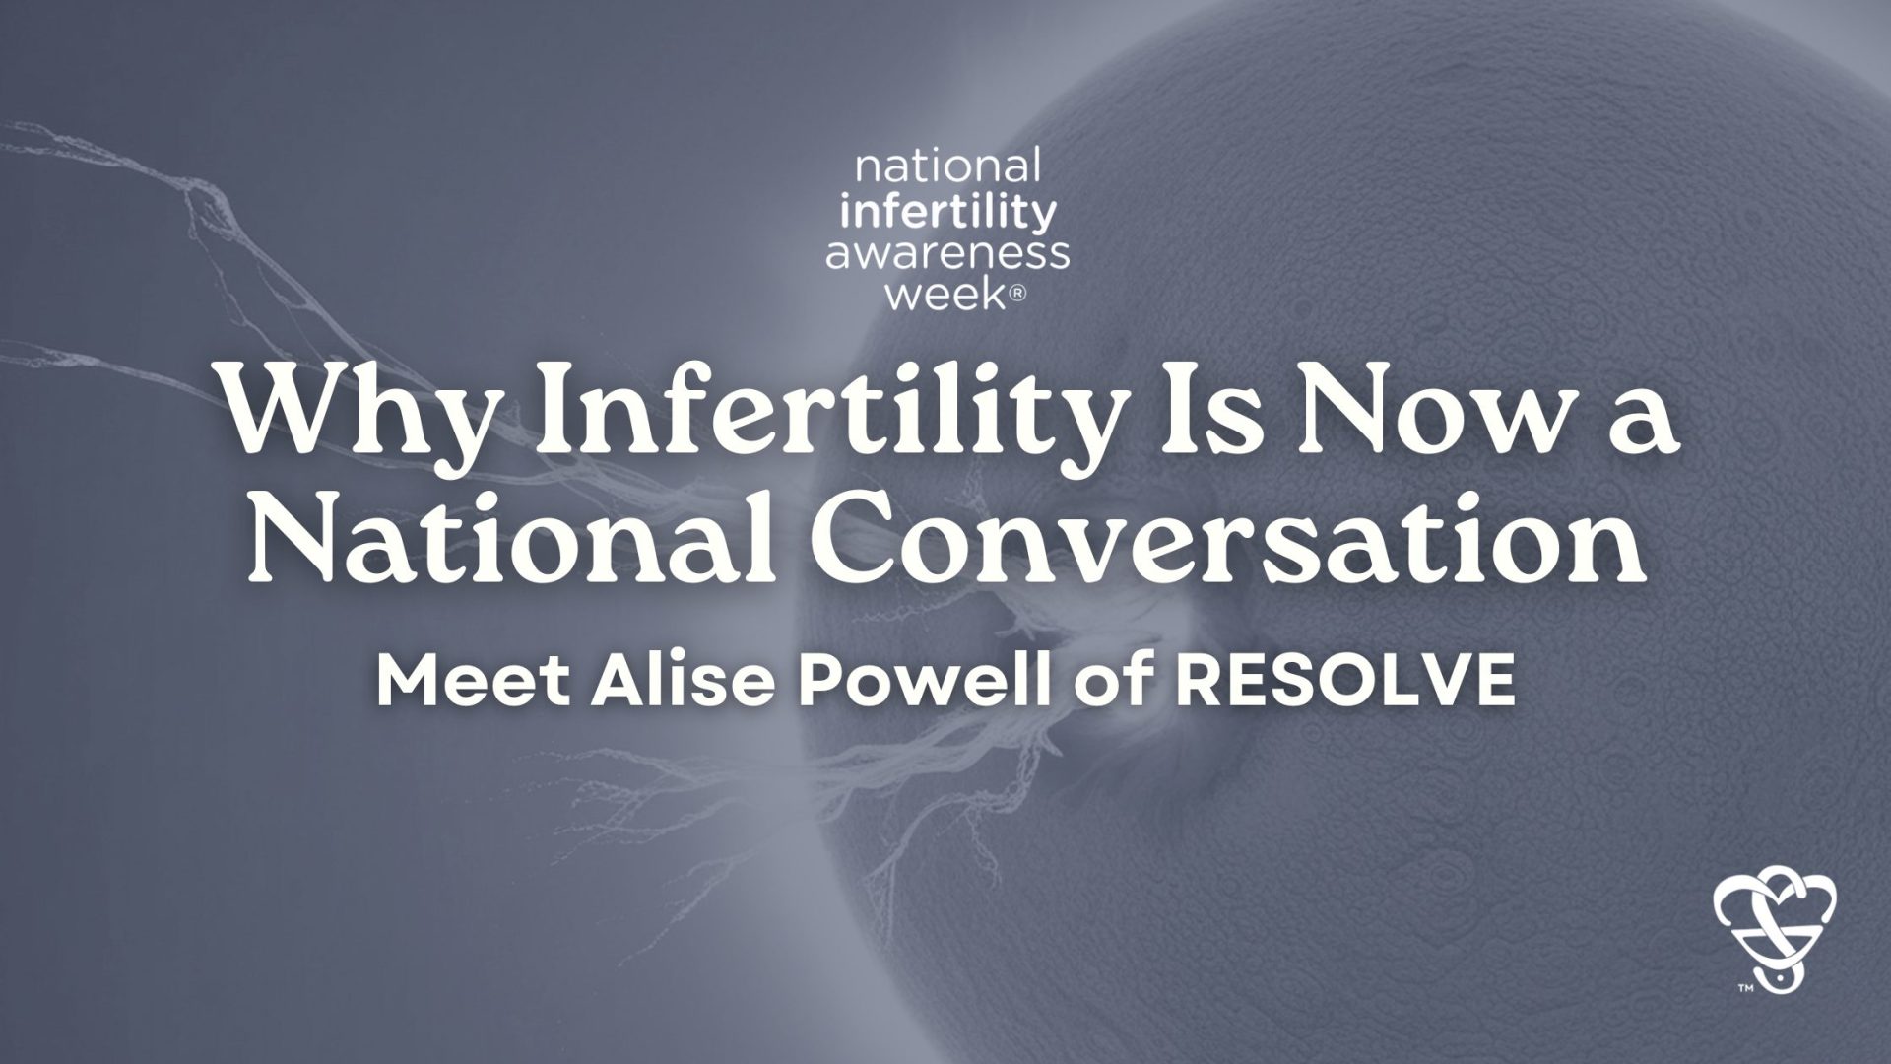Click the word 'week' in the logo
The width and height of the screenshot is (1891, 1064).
pyautogui.click(x=942, y=295)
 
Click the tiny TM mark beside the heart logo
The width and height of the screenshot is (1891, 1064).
pyautogui.click(x=1744, y=985)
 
